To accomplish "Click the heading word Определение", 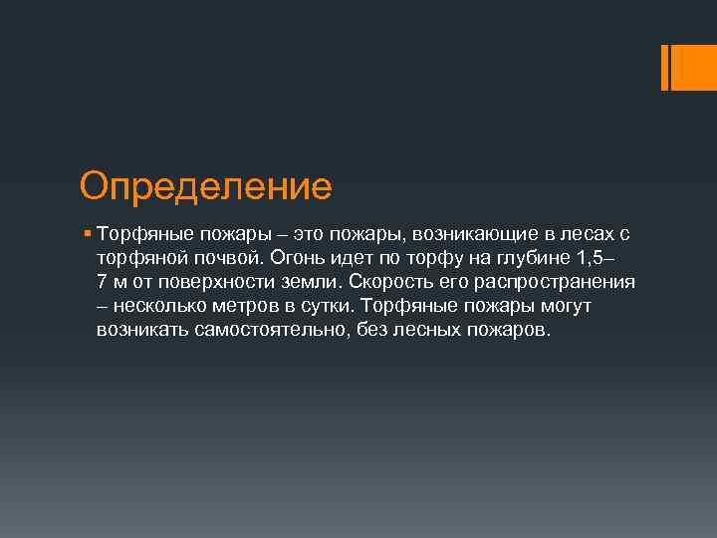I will click(x=205, y=185).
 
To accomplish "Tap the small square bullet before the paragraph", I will click(x=88, y=234).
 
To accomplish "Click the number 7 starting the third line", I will click(x=103, y=282).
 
